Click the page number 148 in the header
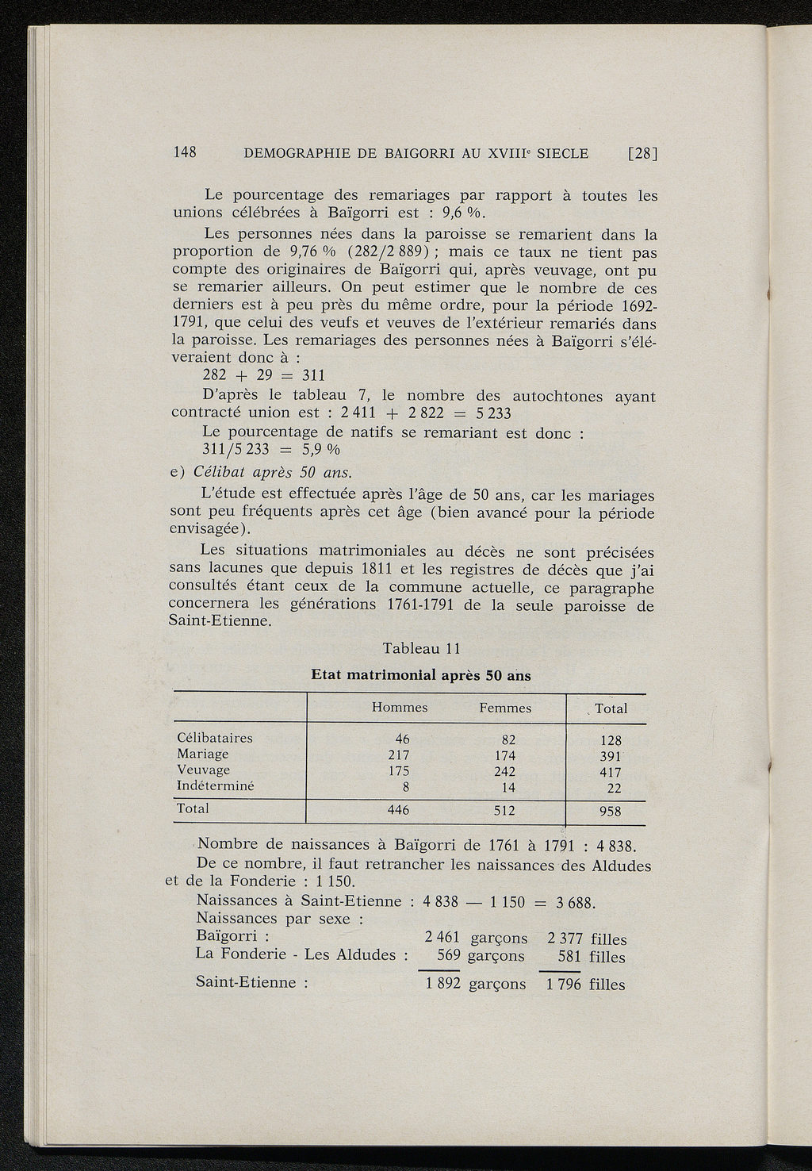[185, 153]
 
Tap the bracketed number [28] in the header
[642, 154]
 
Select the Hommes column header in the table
[400, 708]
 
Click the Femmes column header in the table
[505, 708]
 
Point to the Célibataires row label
[214, 738]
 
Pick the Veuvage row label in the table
[203, 770]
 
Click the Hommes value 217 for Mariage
[398, 754]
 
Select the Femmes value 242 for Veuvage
[504, 771]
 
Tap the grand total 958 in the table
[610, 812]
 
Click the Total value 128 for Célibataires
[611, 740]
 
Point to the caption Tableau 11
[421, 648]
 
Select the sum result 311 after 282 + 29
[314, 375]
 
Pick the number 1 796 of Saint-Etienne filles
[564, 985]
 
